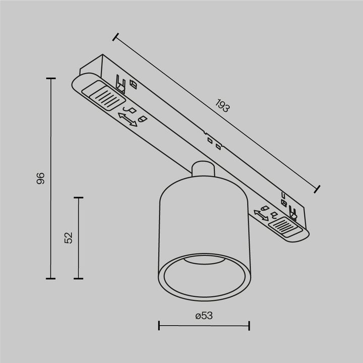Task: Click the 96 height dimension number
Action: (41, 178)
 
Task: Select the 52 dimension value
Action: (69, 237)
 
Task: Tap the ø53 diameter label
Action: (204, 316)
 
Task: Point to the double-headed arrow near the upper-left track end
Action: (128, 119)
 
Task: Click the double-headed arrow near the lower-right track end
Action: (262, 214)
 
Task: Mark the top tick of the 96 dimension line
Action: (50, 79)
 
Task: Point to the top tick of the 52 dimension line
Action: (78, 198)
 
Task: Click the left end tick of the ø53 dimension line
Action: (159, 325)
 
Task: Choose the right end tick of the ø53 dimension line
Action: (249, 325)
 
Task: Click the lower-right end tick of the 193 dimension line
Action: (318, 189)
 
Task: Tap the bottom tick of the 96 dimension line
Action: (50, 278)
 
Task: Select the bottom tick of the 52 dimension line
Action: (78, 278)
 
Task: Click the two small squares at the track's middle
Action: (214, 143)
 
